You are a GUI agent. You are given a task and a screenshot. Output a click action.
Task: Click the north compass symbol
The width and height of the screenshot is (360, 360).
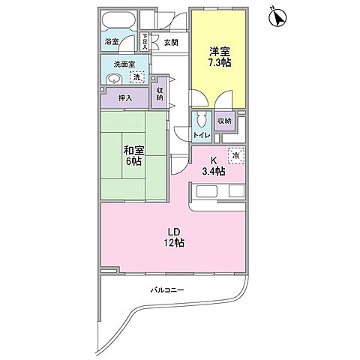click(x=277, y=18)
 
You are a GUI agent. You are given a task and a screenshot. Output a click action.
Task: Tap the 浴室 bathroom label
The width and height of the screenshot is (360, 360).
click(x=112, y=42)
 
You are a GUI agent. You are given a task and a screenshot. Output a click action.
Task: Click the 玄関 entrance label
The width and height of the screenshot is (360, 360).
click(x=171, y=42)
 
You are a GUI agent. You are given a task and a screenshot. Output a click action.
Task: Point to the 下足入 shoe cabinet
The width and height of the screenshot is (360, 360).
click(x=145, y=42)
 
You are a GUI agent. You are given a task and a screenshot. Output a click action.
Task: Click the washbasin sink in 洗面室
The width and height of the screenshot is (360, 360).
click(x=114, y=79)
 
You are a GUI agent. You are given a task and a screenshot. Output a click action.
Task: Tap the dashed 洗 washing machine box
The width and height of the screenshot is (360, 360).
click(x=137, y=77)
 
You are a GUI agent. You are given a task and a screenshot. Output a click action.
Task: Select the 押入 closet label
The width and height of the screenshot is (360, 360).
click(x=125, y=98)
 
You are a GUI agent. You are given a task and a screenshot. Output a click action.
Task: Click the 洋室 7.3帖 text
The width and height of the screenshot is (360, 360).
click(x=220, y=57)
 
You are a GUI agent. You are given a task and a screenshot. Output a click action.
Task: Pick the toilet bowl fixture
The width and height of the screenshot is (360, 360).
click(x=202, y=119)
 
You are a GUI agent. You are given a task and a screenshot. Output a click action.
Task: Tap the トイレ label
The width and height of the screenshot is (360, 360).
click(x=202, y=135)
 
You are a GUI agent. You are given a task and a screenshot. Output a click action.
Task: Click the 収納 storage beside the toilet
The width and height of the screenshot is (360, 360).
click(x=224, y=121)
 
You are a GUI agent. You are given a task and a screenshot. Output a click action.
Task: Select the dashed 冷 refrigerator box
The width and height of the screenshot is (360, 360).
click(x=235, y=156)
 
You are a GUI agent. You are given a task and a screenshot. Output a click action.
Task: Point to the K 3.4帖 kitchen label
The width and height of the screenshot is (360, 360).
click(x=214, y=166)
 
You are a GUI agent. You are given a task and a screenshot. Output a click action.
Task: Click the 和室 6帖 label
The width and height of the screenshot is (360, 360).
click(x=133, y=156)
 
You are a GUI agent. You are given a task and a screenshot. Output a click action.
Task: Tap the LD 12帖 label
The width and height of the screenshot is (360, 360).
click(x=174, y=238)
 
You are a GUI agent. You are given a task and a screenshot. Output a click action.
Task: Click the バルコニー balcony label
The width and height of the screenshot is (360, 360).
click(x=167, y=290)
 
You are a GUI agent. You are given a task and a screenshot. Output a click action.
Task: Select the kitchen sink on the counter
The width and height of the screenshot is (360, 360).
click(x=206, y=191)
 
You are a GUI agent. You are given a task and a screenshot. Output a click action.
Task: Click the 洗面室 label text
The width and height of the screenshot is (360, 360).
click(x=124, y=64)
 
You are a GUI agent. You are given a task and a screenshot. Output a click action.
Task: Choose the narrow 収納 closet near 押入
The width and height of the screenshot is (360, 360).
click(x=159, y=93)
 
